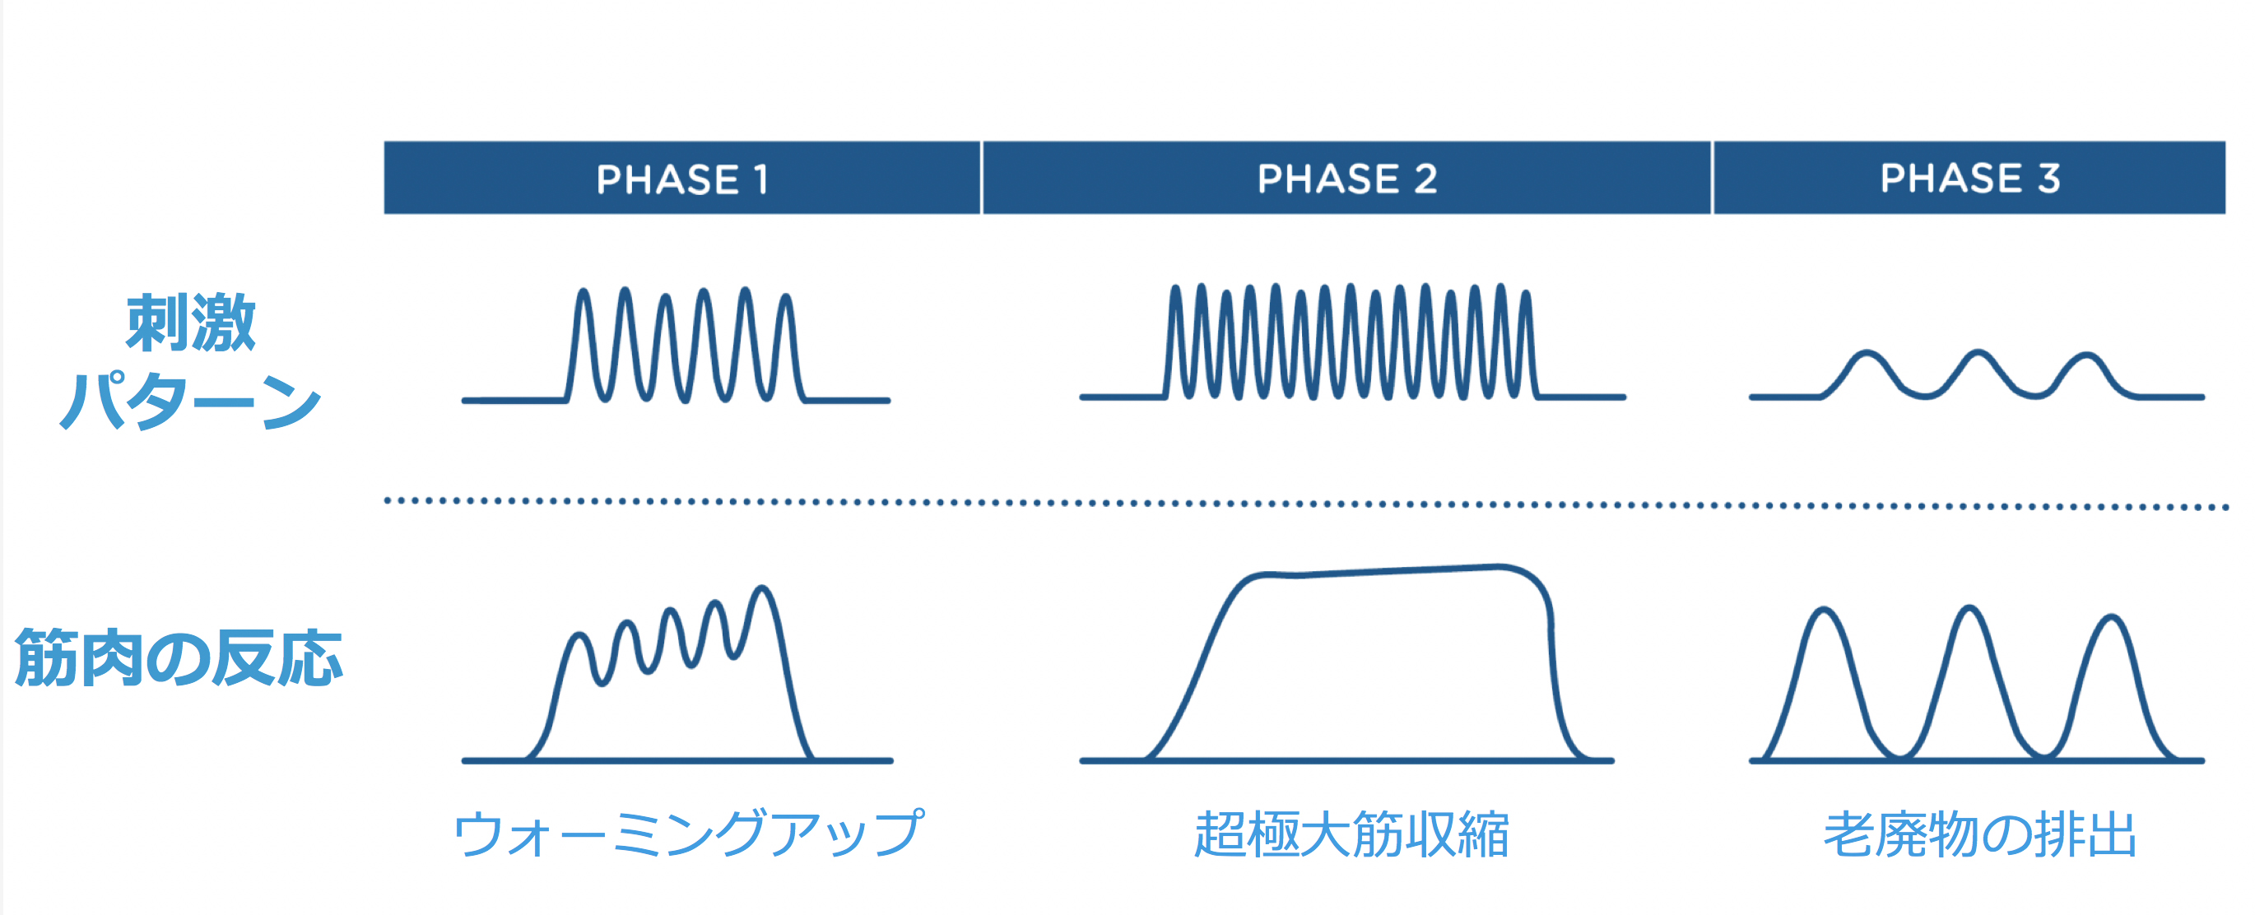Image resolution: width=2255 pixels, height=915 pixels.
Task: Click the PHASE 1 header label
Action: pos(682,179)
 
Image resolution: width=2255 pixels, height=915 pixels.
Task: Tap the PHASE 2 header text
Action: pos(1346,179)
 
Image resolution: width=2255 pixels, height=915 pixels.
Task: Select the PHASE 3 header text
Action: pos(1969,178)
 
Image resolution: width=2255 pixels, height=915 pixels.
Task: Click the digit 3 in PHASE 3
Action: pos(2048,178)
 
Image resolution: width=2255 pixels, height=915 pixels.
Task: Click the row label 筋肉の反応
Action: pos(179,657)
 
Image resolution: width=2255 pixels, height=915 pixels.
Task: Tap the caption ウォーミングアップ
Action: pos(688,833)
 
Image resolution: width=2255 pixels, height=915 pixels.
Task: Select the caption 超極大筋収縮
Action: pos(1351,834)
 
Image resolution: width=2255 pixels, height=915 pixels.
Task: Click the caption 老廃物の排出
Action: pos(1980,834)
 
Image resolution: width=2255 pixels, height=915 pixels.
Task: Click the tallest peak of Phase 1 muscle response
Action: pos(762,588)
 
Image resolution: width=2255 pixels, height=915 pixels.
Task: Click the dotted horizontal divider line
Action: pos(1306,504)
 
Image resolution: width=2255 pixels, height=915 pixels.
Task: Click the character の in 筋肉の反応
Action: pos(179,659)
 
